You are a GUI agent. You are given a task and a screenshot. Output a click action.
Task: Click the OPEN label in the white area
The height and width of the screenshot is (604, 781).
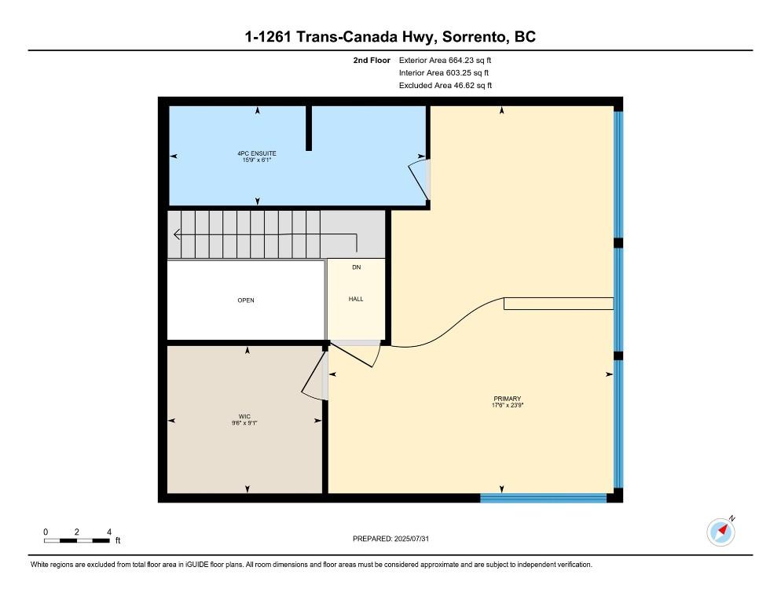(246, 300)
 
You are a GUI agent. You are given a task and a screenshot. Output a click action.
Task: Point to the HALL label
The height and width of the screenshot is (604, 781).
(356, 299)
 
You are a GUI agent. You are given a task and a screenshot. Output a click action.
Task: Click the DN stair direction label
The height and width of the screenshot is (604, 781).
(356, 268)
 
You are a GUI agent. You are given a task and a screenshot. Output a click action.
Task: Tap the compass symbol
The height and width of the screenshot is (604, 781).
(720, 532)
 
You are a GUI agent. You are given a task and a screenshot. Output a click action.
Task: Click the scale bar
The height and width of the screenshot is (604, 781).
(77, 540)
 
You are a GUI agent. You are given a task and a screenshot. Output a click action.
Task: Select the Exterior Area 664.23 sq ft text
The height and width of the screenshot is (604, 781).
(445, 60)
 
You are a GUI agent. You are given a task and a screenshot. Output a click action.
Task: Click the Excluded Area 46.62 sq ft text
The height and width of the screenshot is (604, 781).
(445, 86)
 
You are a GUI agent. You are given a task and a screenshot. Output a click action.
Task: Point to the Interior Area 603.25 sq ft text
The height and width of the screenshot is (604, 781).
(444, 72)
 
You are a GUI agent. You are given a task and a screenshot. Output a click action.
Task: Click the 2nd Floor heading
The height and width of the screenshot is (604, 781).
(372, 60)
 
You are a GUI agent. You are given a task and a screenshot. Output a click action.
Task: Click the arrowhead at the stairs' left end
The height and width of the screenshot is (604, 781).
(177, 234)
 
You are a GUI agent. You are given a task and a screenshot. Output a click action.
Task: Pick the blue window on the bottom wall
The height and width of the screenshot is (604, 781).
(543, 497)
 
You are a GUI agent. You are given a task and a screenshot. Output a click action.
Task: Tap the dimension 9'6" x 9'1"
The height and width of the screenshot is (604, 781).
(244, 423)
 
